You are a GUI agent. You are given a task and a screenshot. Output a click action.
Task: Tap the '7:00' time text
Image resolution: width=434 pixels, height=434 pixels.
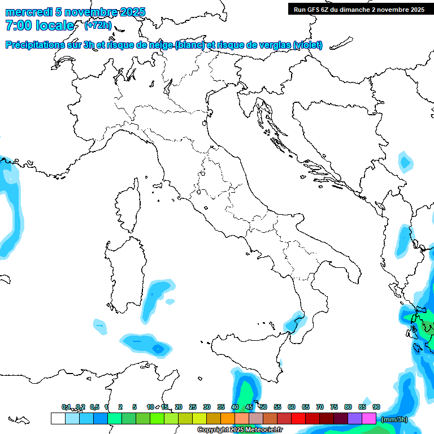(x=19, y=26)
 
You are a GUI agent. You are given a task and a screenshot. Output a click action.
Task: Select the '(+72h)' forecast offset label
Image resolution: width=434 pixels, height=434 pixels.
(x=98, y=25)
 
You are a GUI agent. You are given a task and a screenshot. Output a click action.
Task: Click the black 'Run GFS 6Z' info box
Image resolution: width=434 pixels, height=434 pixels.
(x=359, y=9)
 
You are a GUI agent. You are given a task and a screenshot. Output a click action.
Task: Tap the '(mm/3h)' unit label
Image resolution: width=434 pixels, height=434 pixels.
(x=394, y=419)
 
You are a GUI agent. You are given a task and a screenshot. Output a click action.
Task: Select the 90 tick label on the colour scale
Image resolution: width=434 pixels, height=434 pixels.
(x=376, y=407)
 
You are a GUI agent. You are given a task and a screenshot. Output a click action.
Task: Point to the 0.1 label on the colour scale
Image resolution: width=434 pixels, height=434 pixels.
(x=66, y=407)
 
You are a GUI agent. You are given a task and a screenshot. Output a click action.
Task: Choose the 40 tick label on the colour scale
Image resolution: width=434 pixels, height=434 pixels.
(x=235, y=407)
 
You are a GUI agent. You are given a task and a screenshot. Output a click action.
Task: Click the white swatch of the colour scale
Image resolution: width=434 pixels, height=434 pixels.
(x=58, y=418)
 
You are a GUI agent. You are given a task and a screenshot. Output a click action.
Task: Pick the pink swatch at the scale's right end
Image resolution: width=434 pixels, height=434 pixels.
(x=369, y=418)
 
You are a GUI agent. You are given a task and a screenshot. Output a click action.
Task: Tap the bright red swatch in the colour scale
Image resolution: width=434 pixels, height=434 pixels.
(x=298, y=418)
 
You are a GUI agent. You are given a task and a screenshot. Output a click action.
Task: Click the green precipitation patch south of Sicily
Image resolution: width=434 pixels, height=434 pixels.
(x=246, y=390)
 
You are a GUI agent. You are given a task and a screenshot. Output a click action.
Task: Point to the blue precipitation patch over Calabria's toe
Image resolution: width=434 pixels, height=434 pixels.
(x=294, y=323)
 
